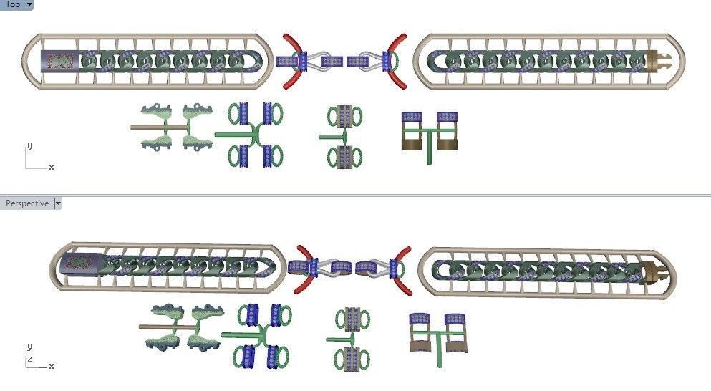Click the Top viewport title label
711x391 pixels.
click(x=12, y=4)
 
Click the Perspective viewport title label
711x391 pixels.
click(x=27, y=203)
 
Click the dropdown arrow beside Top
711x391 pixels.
click(x=29, y=4)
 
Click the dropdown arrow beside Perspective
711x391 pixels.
click(x=58, y=203)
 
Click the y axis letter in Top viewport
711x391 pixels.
click(x=29, y=145)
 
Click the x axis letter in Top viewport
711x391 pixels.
click(x=52, y=166)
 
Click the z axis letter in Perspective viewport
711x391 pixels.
click(x=29, y=357)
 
